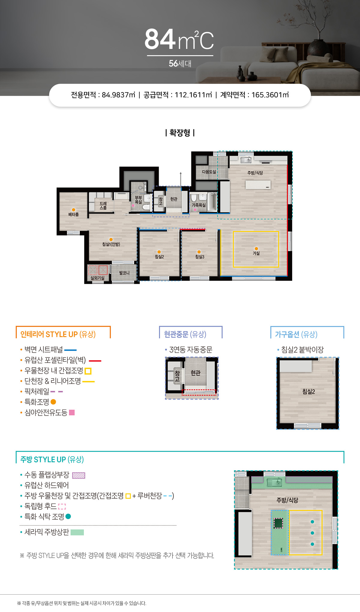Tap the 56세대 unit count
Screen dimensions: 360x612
(x=180, y=64)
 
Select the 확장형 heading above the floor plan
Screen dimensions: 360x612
(x=180, y=133)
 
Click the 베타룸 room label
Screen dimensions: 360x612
(x=73, y=214)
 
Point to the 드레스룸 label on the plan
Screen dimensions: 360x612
(x=103, y=205)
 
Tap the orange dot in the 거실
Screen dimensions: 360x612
(x=256, y=249)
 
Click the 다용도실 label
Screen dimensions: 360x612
(x=209, y=172)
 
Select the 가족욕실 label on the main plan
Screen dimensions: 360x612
(x=199, y=205)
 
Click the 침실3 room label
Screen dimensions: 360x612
(x=200, y=257)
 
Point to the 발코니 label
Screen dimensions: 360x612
(x=124, y=273)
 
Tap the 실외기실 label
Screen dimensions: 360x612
(x=97, y=278)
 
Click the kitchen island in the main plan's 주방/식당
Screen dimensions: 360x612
(x=258, y=184)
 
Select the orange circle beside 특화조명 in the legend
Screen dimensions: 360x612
(x=53, y=402)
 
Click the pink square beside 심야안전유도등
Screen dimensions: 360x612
(x=72, y=412)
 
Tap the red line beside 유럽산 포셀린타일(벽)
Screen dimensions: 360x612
(x=95, y=361)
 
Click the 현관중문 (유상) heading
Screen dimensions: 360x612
(x=185, y=334)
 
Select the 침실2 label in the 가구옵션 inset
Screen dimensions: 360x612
(x=309, y=391)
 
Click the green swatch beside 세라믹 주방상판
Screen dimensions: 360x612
(x=77, y=532)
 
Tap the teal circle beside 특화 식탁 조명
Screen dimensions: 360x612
(x=68, y=516)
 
